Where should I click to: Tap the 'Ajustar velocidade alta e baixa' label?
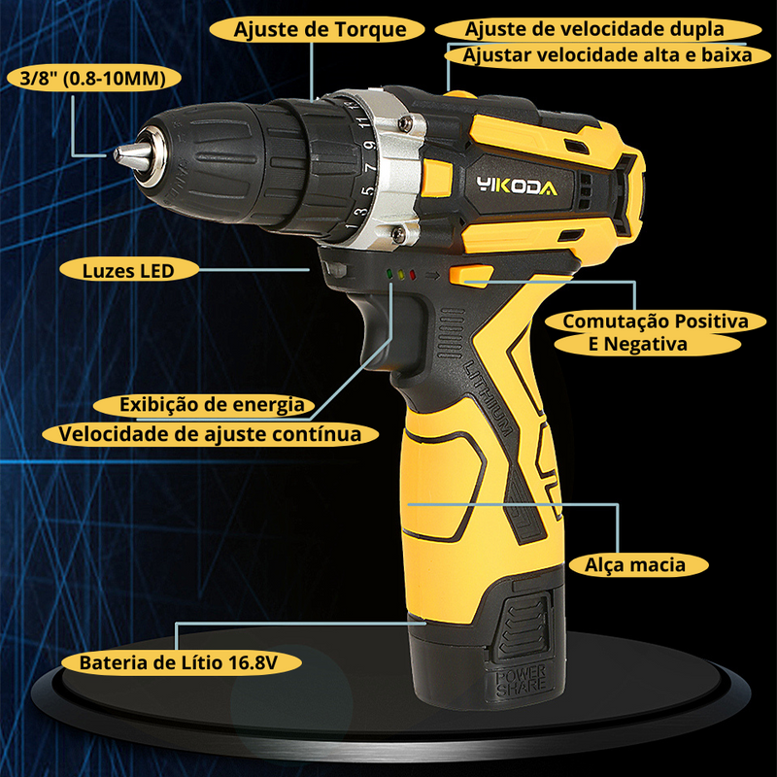pos(608,55)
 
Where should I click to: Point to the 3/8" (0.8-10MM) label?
pos(93,78)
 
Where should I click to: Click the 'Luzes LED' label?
pos(129,271)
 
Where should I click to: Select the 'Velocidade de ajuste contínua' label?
pos(210,434)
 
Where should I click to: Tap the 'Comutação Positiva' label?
pos(655,321)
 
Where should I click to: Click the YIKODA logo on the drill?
pos(517,186)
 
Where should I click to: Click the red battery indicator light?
pos(412,275)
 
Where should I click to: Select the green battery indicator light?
pos(389,274)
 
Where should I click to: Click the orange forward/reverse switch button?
pos(471,276)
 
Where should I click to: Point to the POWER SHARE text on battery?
pos(521,681)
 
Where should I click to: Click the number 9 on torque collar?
pos(369,145)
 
